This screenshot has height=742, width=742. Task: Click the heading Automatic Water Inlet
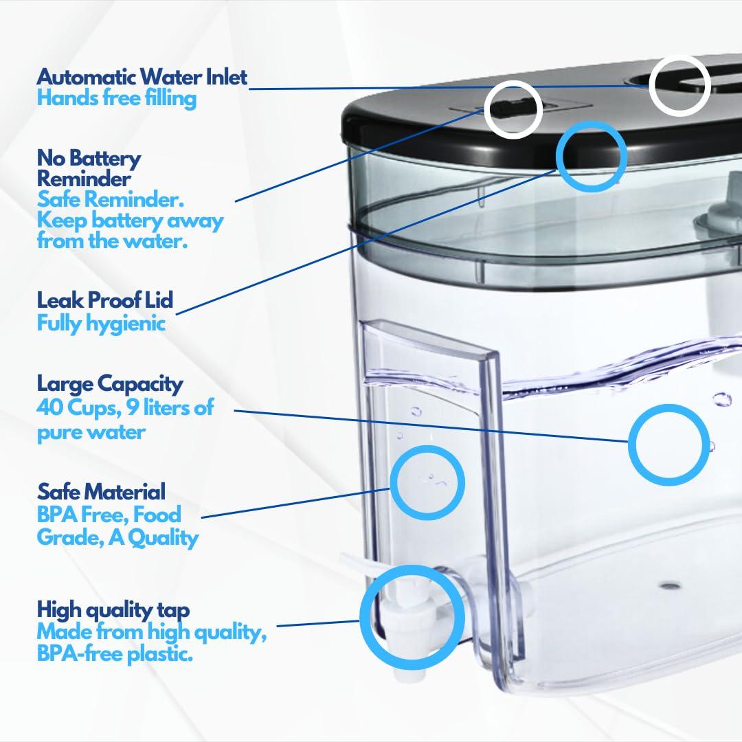tap(142, 76)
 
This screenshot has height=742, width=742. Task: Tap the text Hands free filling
tap(116, 98)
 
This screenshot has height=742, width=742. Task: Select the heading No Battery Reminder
tap(89, 168)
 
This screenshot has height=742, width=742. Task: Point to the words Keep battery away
tap(130, 221)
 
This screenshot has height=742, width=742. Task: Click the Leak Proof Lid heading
tap(104, 300)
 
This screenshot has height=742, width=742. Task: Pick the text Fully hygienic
tap(101, 323)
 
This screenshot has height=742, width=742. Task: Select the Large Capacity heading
tap(110, 383)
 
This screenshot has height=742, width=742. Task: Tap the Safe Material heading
tap(101, 492)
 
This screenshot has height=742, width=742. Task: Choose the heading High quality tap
tap(113, 609)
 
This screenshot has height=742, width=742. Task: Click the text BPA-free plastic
tap(114, 653)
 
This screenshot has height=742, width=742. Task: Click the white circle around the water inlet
tap(679, 85)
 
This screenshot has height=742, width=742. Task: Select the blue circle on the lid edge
tap(591, 155)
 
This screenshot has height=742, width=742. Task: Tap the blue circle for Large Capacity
tap(668, 445)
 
